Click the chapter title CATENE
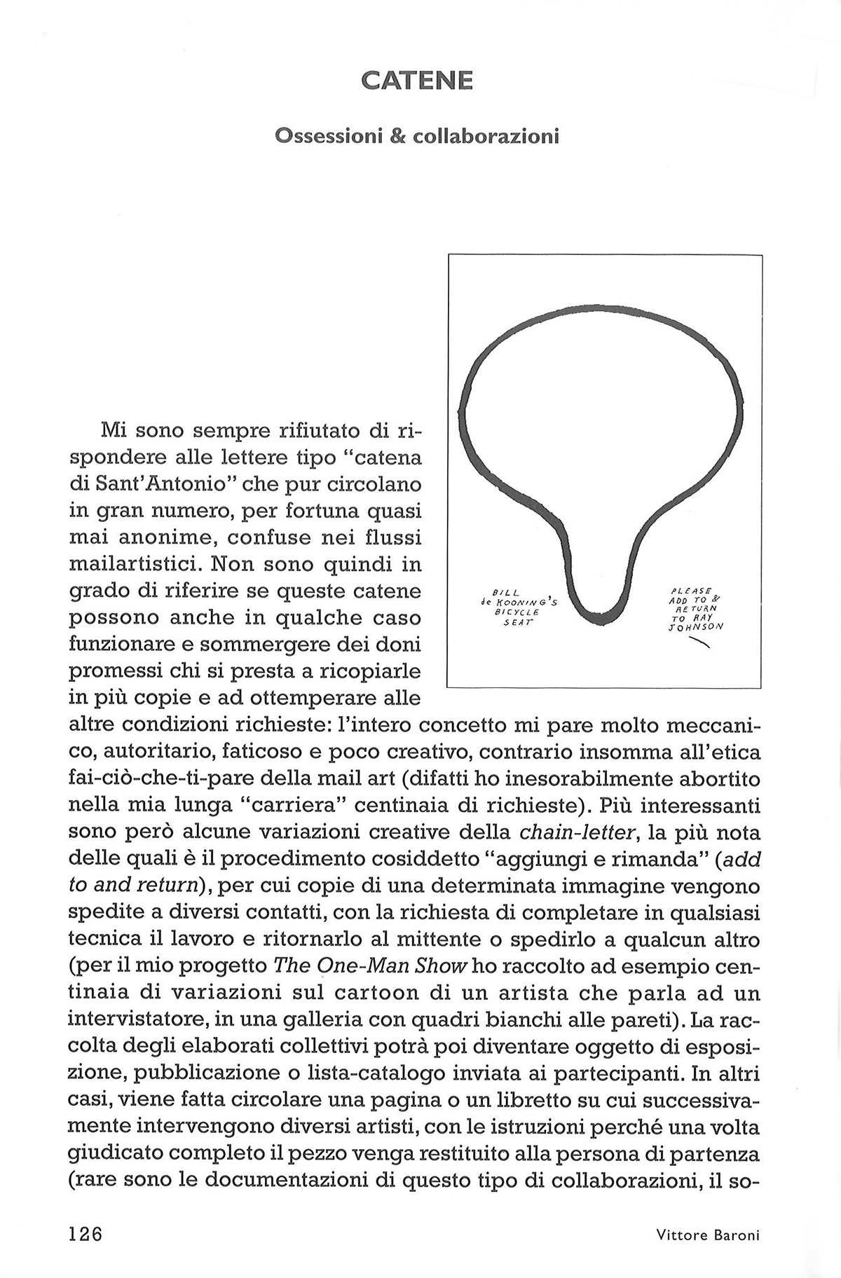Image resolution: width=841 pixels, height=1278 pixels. [x=417, y=81]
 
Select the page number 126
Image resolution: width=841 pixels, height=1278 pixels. [x=86, y=1232]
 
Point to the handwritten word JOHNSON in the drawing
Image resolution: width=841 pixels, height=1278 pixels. [x=695, y=628]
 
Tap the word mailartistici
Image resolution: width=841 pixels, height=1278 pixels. [x=132, y=564]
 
